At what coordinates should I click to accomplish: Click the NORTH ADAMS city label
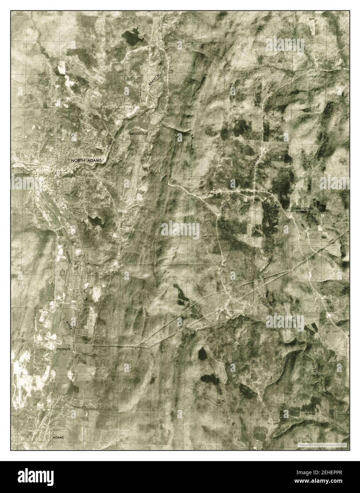click(86, 160)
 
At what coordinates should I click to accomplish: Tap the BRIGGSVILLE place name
click(138, 134)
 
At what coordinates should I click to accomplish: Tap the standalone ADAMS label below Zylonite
click(58, 438)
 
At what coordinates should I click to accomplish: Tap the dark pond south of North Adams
click(95, 222)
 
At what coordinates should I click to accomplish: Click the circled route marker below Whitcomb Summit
click(293, 226)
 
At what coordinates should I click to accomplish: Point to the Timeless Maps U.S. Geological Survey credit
click(322, 445)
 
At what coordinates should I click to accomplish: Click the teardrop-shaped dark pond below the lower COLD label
click(203, 353)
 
